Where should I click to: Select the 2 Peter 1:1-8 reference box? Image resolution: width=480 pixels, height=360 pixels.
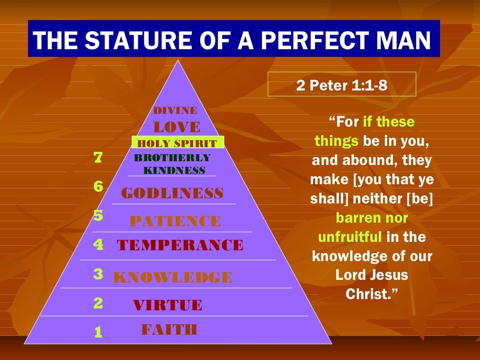[x=342, y=84]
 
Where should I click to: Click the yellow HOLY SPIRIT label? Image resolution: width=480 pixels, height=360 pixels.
[x=178, y=143]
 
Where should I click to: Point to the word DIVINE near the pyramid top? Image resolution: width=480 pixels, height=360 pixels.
[x=175, y=111]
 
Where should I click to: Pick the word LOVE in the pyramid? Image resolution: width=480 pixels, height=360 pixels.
[x=177, y=127]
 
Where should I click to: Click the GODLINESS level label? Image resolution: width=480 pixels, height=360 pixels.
[x=172, y=193]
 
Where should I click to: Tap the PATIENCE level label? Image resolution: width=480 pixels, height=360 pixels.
[x=175, y=221]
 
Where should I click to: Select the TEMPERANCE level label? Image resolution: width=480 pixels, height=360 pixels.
[x=180, y=245]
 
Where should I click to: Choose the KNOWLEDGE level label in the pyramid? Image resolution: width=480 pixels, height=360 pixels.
[x=172, y=277]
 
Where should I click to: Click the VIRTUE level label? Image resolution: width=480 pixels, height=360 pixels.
[x=167, y=306]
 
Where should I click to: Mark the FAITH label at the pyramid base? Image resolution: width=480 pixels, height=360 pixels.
[x=169, y=330]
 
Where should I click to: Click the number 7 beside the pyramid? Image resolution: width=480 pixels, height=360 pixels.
[x=98, y=158]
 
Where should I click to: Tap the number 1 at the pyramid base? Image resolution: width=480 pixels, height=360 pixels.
[x=98, y=333]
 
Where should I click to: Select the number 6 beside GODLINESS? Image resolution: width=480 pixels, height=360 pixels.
[x=98, y=187]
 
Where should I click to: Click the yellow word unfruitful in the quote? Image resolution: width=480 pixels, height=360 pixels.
[x=350, y=237]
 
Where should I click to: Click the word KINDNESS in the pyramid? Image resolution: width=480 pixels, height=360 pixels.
[x=174, y=171]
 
